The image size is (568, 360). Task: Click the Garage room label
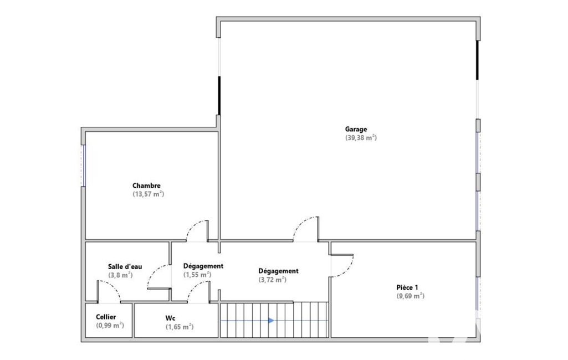(356, 129)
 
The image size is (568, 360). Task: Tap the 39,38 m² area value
(361, 137)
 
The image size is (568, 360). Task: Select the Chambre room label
(146, 186)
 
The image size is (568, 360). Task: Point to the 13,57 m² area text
(148, 194)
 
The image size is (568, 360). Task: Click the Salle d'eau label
(125, 266)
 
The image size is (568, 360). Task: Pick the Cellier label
(106, 317)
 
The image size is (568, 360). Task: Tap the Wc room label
(170, 318)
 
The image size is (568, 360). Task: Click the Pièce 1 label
(407, 287)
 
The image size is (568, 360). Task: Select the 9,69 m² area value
(411, 296)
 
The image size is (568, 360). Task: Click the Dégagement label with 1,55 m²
(203, 266)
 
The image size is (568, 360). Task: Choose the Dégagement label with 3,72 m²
(278, 271)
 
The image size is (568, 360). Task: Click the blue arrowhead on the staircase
(271, 321)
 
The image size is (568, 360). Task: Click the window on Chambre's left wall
(84, 166)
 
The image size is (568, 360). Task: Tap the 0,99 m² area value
(110, 326)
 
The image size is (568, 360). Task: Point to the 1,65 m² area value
(180, 327)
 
